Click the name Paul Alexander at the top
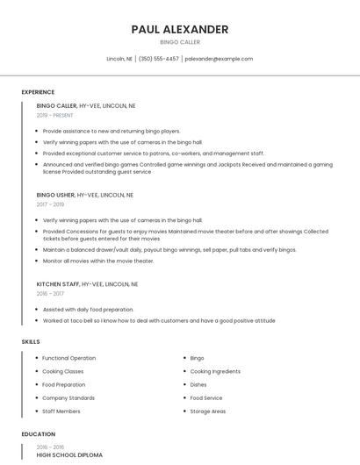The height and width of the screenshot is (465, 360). click(x=180, y=29)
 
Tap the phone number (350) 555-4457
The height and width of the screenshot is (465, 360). click(x=158, y=59)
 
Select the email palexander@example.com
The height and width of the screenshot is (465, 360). click(x=219, y=59)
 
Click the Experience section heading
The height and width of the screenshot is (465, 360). click(x=38, y=92)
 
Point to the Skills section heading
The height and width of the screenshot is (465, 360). click(x=30, y=341)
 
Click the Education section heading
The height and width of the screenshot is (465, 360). click(x=38, y=434)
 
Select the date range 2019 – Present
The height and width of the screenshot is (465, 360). click(x=54, y=115)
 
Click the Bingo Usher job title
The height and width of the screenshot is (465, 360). click(x=56, y=195)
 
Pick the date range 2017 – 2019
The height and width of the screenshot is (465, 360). click(x=50, y=204)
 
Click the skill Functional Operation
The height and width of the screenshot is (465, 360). click(x=68, y=358)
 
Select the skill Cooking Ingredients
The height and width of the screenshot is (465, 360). click(x=214, y=371)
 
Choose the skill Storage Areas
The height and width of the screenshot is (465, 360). click(x=207, y=411)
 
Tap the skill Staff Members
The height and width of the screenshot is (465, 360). click(x=61, y=411)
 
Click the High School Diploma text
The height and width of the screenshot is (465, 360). click(x=69, y=455)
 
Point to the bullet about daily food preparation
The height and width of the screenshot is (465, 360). click(x=88, y=310)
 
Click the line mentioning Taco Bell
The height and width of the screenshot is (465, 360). click(x=158, y=321)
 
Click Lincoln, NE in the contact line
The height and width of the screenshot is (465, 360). click(x=119, y=59)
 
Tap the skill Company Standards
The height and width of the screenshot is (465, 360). click(x=68, y=397)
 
